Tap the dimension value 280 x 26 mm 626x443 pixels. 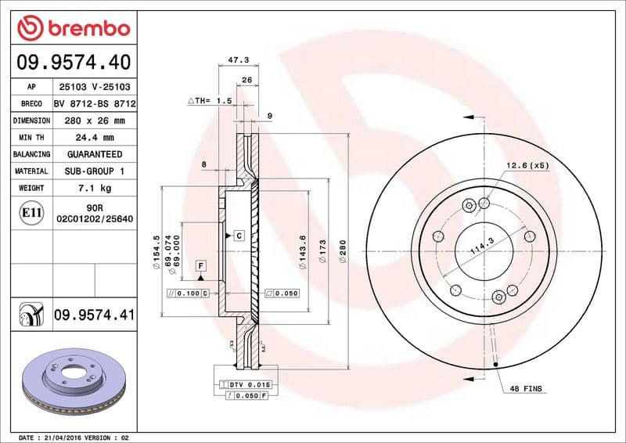94,121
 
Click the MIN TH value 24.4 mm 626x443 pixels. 94,138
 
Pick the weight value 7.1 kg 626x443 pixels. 94,188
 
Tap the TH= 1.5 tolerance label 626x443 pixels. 210,101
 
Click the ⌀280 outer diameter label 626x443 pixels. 342,250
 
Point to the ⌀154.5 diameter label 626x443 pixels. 156,250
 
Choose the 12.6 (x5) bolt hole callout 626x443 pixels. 527,165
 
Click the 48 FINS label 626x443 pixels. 526,388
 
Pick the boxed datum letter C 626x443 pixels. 238,235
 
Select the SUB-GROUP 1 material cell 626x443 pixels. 94,171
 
